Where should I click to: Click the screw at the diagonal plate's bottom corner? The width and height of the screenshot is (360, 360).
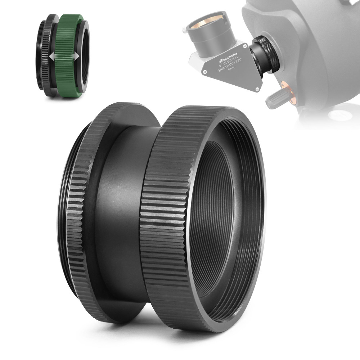coord(256,87)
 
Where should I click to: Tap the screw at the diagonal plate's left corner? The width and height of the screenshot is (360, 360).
coord(204,72)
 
